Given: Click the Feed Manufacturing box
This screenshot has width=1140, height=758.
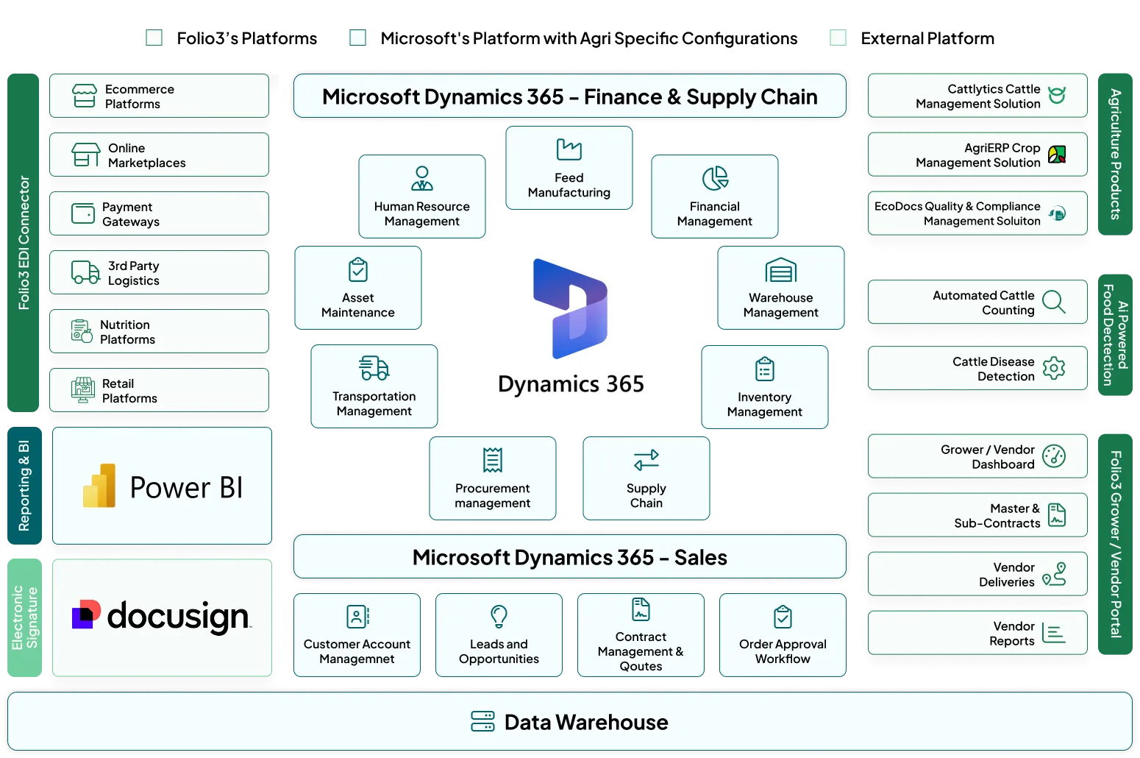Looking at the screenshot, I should [569, 169].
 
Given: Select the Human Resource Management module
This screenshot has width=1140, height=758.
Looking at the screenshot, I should [421, 196].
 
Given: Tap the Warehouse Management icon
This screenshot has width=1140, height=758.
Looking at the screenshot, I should [780, 271].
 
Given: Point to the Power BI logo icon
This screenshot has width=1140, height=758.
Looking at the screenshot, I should [100, 486].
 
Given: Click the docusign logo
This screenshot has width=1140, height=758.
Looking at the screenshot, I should [162, 617].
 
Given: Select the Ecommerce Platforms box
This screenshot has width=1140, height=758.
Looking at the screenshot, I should [159, 96].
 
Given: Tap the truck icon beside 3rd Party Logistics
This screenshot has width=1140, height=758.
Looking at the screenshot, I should [85, 272].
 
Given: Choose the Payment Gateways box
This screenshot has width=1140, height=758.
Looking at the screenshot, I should [159, 214].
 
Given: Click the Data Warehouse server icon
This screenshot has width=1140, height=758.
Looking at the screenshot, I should [482, 722].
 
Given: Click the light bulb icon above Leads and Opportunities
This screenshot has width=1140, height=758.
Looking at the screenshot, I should [499, 616].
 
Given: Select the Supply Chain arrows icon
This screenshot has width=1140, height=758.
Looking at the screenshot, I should [646, 460].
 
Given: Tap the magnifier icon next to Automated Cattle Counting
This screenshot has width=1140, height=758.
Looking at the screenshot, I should [1054, 302].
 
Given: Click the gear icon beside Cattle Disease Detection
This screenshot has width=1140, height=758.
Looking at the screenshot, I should [1054, 368].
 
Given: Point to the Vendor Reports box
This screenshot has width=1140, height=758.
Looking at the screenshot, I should [977, 633].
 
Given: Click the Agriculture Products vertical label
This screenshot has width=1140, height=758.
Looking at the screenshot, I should [1115, 154].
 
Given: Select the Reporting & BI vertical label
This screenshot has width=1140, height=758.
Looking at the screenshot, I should [24, 486].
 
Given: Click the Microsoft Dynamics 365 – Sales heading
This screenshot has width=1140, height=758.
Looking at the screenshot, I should [569, 557].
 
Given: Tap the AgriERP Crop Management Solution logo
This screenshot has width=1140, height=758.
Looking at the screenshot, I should [1057, 155].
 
